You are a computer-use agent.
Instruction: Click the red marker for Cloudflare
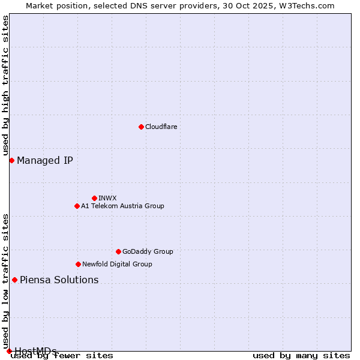[141, 127]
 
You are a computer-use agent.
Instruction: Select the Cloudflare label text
[161, 127]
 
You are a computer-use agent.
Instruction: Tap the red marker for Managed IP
[11, 160]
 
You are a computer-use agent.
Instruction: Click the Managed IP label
[45, 160]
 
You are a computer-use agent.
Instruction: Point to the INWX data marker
[94, 198]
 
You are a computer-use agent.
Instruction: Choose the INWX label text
[107, 198]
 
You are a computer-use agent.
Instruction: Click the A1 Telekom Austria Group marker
[77, 206]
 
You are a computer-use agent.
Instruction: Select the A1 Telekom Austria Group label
[122, 206]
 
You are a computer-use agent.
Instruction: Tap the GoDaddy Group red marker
[118, 251]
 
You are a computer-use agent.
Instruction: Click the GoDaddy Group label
[148, 251]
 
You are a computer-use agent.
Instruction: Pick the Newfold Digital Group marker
[78, 264]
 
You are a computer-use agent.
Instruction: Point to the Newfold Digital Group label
[117, 264]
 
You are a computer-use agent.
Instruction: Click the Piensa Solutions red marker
[14, 280]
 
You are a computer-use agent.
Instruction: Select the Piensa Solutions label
[59, 280]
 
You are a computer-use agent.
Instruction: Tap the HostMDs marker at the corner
[9, 350]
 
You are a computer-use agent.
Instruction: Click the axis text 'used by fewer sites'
[62, 356]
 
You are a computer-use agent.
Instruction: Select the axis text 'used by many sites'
[301, 356]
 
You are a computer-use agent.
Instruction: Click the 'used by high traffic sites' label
[5, 86]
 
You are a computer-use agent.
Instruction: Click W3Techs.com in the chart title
[306, 5]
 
